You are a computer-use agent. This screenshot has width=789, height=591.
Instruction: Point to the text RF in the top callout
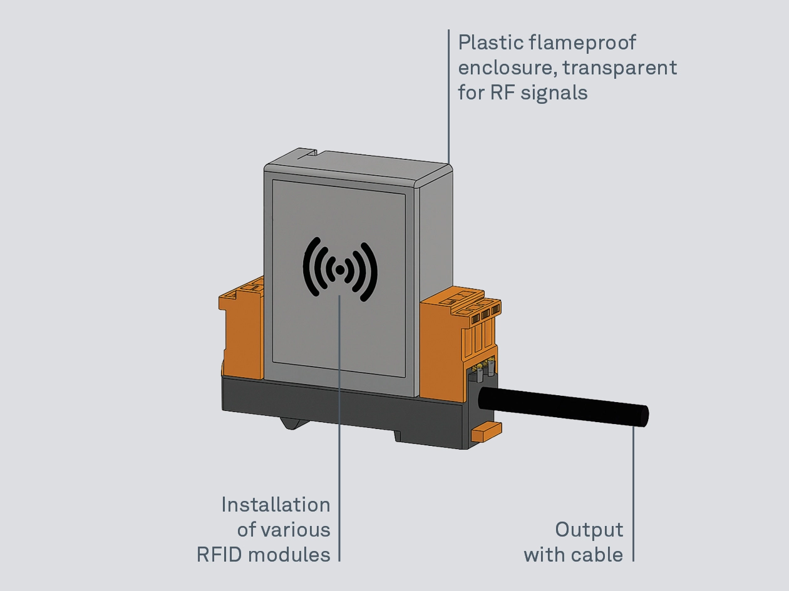pyautogui.click(x=504, y=93)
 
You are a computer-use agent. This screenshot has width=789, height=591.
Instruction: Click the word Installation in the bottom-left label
pyautogui.click(x=276, y=505)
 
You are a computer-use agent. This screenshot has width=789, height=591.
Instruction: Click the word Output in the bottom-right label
pyautogui.click(x=589, y=530)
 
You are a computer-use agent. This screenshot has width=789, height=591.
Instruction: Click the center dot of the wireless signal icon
pyautogui.click(x=340, y=270)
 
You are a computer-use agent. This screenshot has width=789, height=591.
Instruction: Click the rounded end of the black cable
pyautogui.click(x=642, y=416)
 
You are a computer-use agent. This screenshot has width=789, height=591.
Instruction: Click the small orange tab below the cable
pyautogui.click(x=487, y=432)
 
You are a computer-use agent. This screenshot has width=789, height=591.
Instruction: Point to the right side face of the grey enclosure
pyautogui.click(x=435, y=250)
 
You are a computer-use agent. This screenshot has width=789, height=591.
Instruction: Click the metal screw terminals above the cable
pyautogui.click(x=482, y=370)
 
